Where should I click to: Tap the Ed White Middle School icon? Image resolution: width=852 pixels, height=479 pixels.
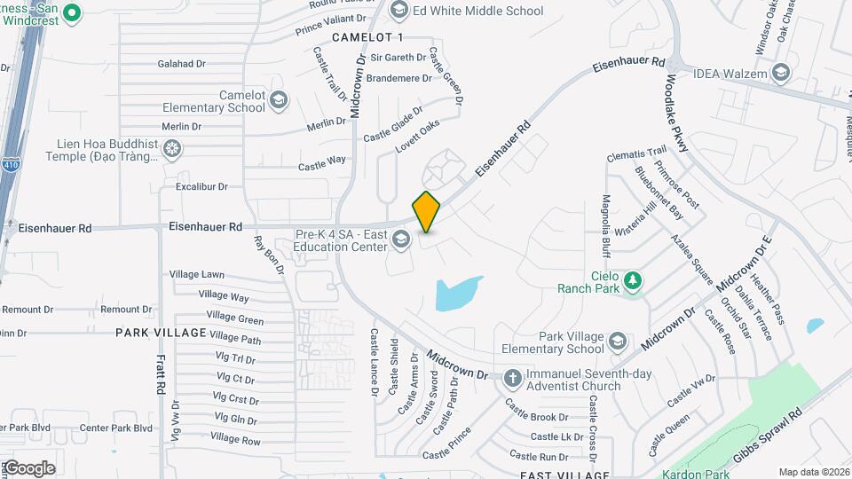tap(398, 11)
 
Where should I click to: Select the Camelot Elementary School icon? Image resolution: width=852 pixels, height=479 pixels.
tap(279, 100)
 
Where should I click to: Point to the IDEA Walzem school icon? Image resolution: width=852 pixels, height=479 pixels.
tap(780, 72)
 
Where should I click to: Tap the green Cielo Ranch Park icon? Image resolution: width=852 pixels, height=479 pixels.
tap(632, 280)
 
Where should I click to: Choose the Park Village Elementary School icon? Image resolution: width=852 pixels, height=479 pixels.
tap(618, 342)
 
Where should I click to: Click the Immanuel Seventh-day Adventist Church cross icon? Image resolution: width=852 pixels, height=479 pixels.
tap(512, 379)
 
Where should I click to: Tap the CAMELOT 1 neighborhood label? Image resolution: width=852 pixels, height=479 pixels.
tap(367, 37)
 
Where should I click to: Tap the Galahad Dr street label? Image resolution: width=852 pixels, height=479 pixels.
tap(181, 64)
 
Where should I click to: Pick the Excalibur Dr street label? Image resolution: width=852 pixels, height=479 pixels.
tap(201, 187)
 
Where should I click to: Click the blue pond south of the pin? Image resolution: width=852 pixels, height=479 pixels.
tap(458, 294)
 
